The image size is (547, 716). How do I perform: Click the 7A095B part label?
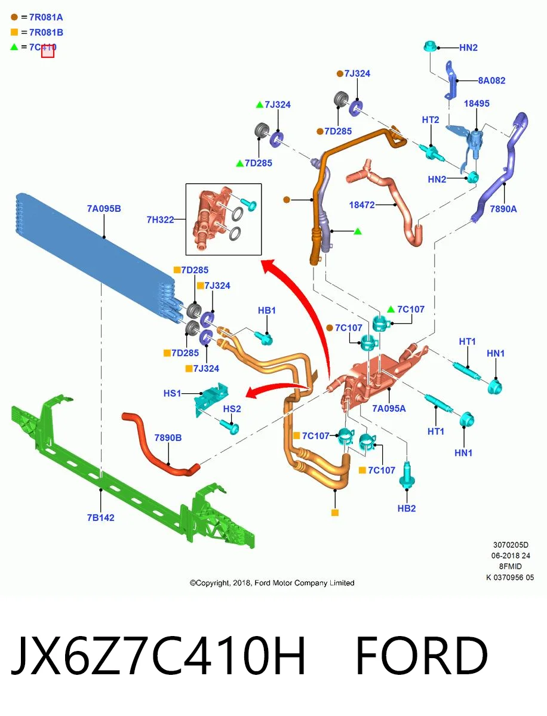[x=104, y=208]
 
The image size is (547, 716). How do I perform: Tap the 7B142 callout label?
[x=100, y=518]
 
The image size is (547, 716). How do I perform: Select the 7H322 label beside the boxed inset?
[x=160, y=220]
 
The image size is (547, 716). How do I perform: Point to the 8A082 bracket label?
[x=491, y=81]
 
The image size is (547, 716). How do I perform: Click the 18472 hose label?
[x=362, y=205]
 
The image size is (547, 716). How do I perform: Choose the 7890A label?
[x=503, y=209]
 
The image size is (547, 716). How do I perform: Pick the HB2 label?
[x=407, y=508]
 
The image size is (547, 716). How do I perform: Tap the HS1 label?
[x=172, y=393]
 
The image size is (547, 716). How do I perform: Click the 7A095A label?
[x=389, y=408]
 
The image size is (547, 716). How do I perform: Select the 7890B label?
[x=168, y=438]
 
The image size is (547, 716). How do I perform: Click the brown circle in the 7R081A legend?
[x=14, y=17]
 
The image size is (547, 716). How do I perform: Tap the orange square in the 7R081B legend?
[x=14, y=32]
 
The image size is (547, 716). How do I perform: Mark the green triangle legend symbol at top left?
[x=14, y=47]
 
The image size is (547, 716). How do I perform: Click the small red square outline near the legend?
[x=48, y=51]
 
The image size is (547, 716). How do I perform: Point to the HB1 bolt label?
[x=267, y=310]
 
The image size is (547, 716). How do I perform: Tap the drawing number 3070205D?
[x=511, y=545]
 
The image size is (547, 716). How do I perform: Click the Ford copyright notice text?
[x=272, y=583]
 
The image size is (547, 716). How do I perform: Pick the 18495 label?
[x=477, y=104]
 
